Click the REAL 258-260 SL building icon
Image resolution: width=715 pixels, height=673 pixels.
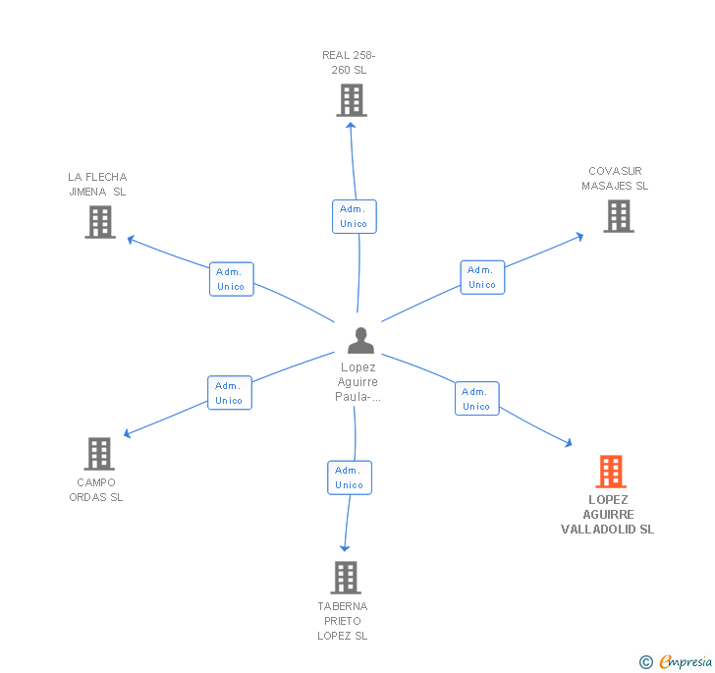[351, 100]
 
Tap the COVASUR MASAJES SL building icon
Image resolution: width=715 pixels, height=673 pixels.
[618, 216]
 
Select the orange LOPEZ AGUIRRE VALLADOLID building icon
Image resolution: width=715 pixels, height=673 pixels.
[611, 472]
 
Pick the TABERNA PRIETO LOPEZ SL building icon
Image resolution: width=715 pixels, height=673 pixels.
[345, 578]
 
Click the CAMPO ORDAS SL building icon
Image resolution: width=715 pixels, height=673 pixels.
[99, 454]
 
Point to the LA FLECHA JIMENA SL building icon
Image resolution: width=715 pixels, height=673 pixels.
[99, 222]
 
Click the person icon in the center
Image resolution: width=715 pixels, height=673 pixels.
[360, 340]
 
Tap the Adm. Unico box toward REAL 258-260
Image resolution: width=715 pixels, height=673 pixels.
[354, 216]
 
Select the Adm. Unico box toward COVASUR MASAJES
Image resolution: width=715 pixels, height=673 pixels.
[482, 277]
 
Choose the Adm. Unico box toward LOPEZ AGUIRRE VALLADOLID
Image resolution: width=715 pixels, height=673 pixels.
[476, 399]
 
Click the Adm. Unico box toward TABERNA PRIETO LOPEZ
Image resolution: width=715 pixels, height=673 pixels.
[350, 477]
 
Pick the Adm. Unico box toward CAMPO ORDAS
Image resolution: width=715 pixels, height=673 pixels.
[229, 393]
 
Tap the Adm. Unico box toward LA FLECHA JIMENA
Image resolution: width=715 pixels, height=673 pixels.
[231, 279]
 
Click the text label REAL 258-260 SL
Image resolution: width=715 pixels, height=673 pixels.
[349, 63]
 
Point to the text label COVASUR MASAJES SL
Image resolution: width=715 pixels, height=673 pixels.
[615, 178]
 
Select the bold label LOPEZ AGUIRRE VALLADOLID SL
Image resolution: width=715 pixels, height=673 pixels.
[607, 514]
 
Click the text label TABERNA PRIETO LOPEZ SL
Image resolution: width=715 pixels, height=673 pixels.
[342, 621]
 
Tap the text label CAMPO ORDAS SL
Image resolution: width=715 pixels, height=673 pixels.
[96, 489]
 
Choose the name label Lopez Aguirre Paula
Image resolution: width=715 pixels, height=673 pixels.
[358, 382]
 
